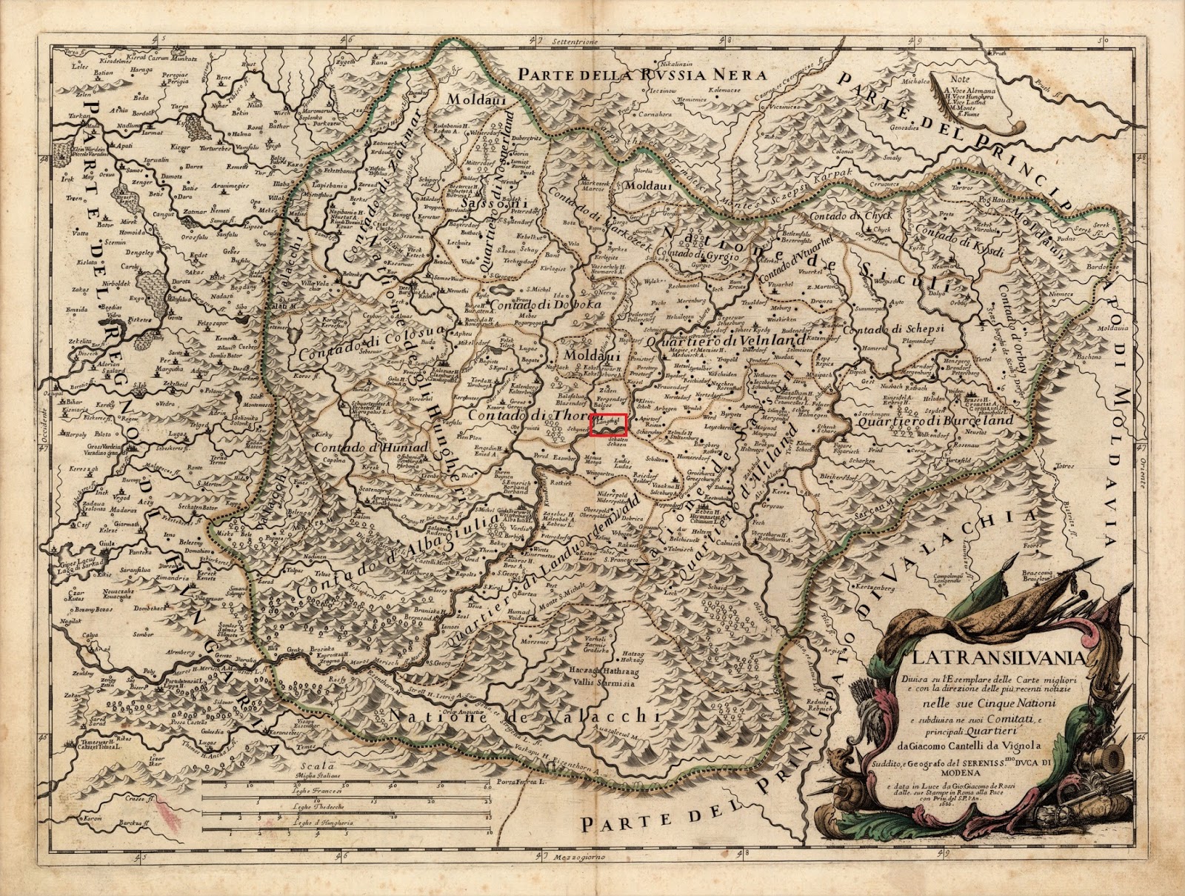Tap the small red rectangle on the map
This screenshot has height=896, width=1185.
[x=609, y=423]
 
